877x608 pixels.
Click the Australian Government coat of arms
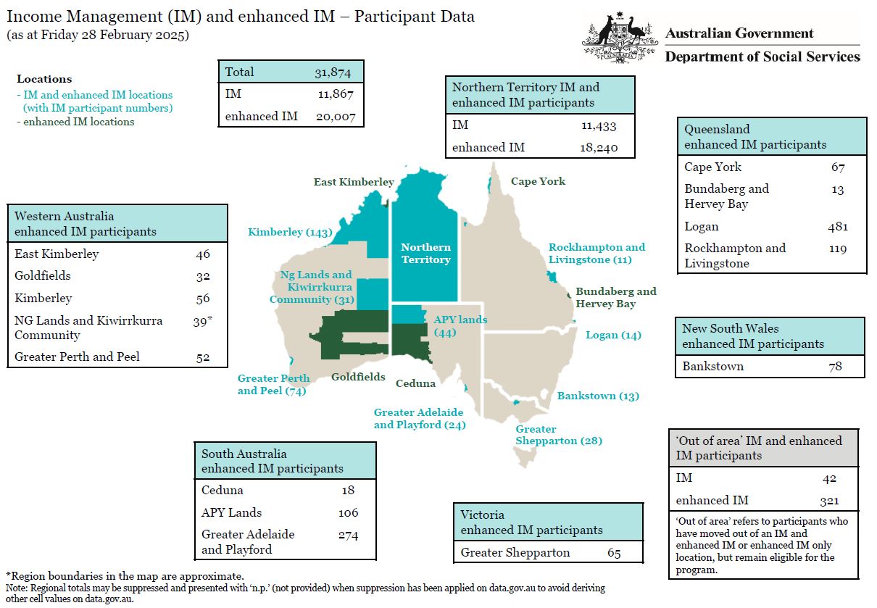(615, 39)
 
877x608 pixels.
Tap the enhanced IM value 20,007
(336, 116)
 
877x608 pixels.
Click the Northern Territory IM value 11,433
(598, 125)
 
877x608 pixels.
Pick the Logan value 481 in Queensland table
(837, 226)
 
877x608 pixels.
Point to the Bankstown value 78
(835, 366)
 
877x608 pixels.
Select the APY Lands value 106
(348, 512)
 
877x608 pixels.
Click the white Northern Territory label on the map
(425, 254)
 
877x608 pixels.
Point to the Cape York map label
(538, 181)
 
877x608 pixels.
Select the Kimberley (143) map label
(289, 233)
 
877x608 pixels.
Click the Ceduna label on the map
(415, 383)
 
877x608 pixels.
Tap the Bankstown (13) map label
(598, 396)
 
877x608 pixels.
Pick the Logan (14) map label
(613, 335)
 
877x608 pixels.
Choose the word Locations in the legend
(44, 79)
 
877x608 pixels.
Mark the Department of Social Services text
(762, 57)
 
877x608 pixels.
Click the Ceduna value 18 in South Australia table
(348, 490)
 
